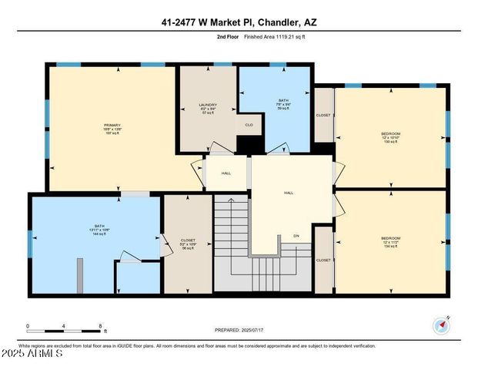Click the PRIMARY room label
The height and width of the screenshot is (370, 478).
tap(112, 125)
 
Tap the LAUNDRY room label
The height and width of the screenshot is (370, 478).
tap(208, 105)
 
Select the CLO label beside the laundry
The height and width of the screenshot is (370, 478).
tap(249, 124)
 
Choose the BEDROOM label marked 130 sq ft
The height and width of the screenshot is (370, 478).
tap(391, 134)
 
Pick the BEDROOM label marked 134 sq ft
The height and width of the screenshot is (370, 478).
tap(391, 239)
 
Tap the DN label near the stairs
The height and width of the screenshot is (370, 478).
tap(296, 235)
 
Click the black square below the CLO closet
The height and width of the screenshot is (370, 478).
tap(248, 144)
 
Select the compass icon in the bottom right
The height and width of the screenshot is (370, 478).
tap(441, 325)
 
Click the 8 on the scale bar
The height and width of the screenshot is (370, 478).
tap(101, 326)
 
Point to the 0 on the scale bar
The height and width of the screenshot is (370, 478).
tap(28, 326)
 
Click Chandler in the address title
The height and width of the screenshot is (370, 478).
tap(279, 23)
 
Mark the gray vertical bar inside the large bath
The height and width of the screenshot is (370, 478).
tap(79, 275)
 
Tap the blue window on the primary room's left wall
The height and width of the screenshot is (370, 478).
tap(46, 113)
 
